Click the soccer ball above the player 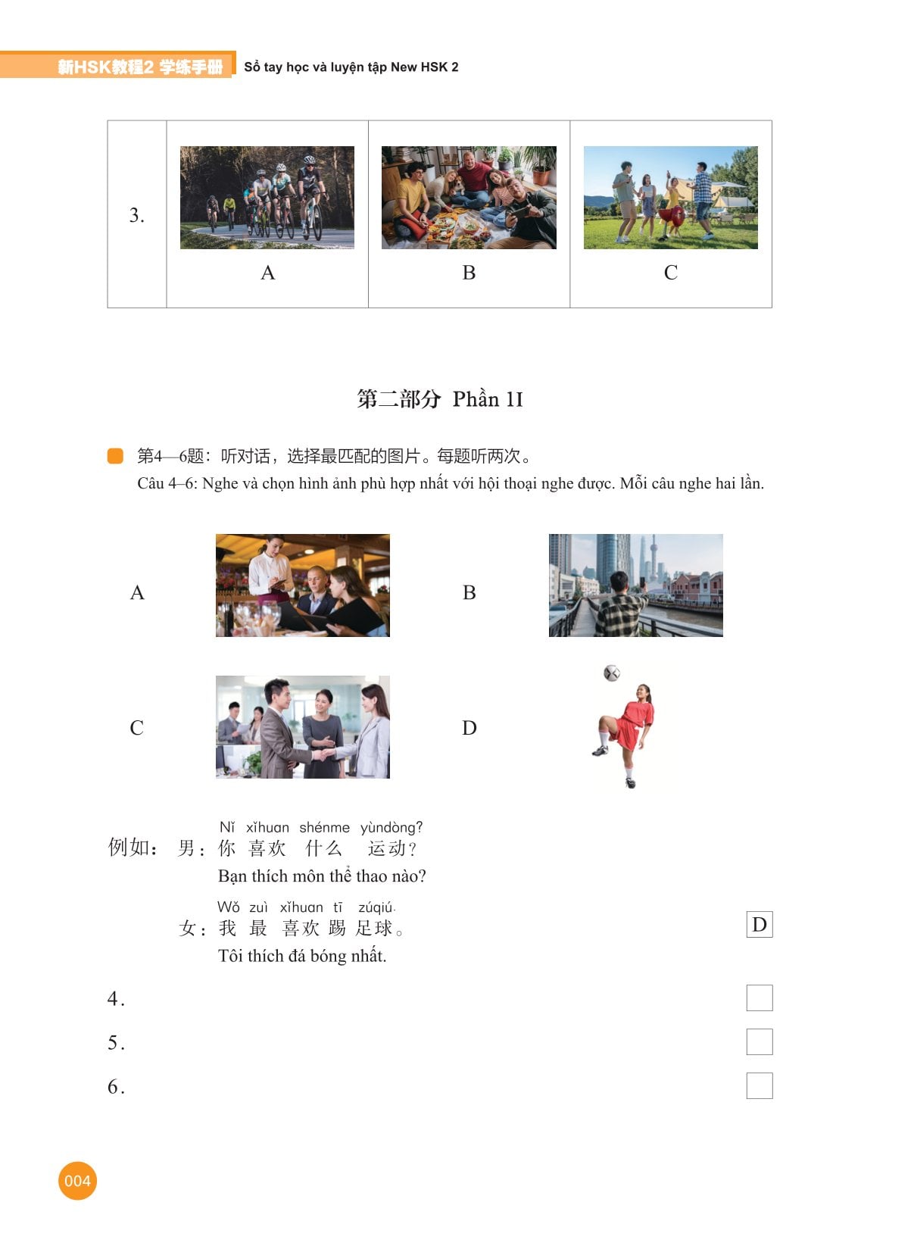(x=611, y=673)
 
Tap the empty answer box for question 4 (x=759, y=998)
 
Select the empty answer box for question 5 (x=759, y=1041)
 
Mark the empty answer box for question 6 (x=759, y=1085)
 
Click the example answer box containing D (x=759, y=924)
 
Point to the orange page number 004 (x=77, y=1180)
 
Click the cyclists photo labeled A (x=267, y=198)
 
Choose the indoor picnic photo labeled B (x=469, y=198)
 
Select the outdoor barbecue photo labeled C (x=670, y=198)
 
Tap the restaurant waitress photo (x=303, y=585)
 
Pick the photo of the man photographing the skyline (x=636, y=585)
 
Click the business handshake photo (x=303, y=726)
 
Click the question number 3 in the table (x=136, y=214)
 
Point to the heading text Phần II (x=488, y=399)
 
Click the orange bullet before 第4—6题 (x=115, y=455)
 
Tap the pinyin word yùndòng (x=391, y=827)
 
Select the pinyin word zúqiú (x=376, y=907)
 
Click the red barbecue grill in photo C (x=671, y=217)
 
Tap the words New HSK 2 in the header (x=425, y=67)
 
